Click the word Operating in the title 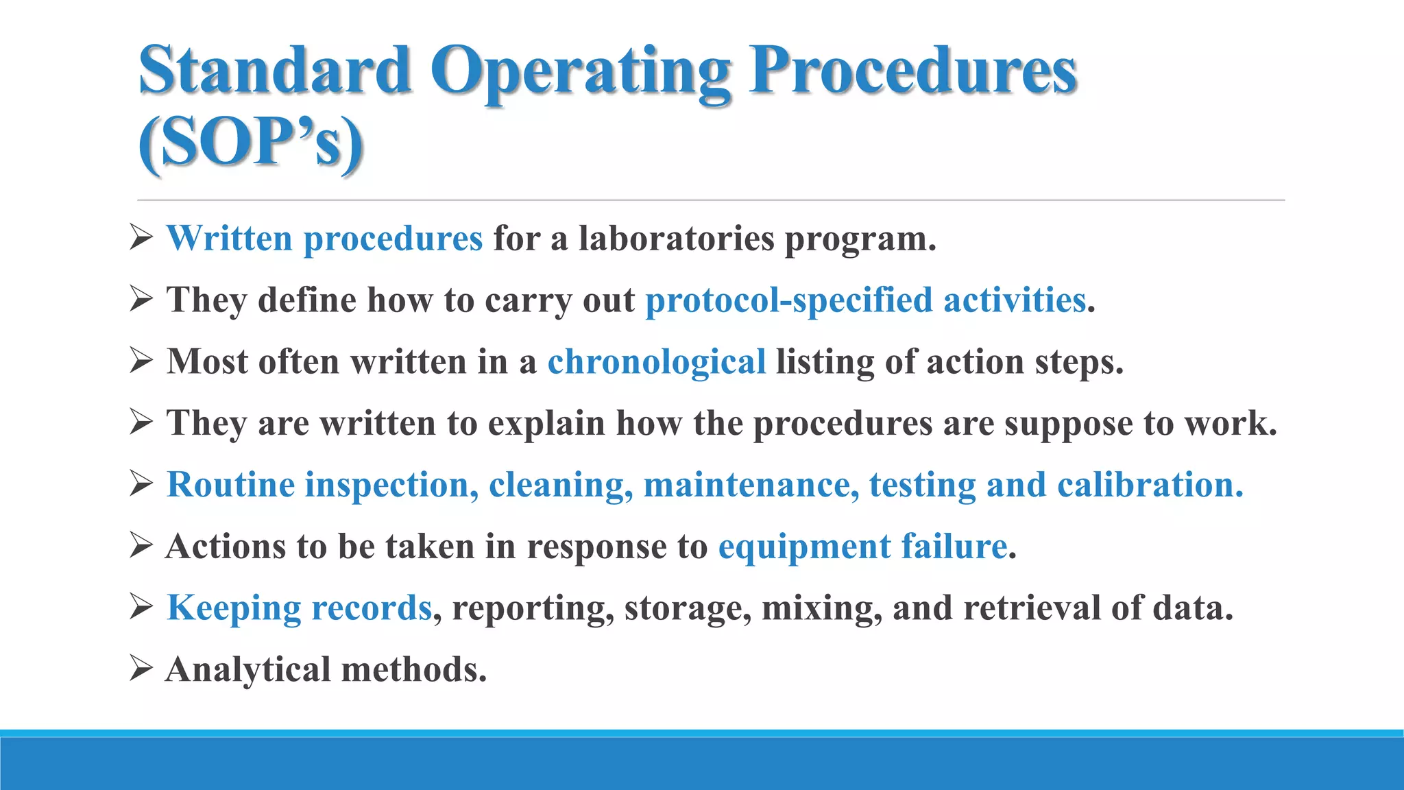[581, 71]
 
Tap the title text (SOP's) [250, 142]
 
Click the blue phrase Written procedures [324, 239]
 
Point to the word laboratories [676, 239]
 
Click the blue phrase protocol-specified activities [865, 300]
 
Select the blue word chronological [656, 361]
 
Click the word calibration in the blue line [1150, 485]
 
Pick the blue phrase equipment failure [862, 547]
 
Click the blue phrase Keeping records [299, 608]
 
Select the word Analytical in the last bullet [247, 669]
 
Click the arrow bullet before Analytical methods [141, 669]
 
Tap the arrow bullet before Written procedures [141, 238]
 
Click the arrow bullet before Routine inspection [141, 484]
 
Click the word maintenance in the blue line [751, 485]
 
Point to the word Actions [226, 547]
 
